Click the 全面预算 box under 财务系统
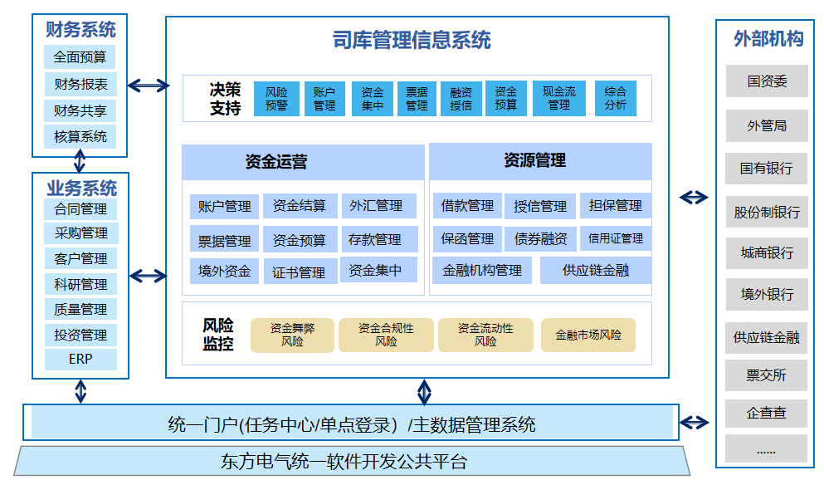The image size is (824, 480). (x=80, y=57)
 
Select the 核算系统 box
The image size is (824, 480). (x=80, y=137)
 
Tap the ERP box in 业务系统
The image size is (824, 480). (x=80, y=360)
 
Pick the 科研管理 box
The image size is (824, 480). (x=80, y=284)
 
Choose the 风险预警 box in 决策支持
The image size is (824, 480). (x=276, y=99)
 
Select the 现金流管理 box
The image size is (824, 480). (x=558, y=99)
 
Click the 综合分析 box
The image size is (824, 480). (x=616, y=99)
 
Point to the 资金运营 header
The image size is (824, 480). (x=276, y=162)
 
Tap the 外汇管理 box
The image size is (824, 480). (x=376, y=206)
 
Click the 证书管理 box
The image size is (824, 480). (x=299, y=272)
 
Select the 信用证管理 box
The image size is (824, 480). (x=615, y=238)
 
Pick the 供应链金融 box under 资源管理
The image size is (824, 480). (x=595, y=270)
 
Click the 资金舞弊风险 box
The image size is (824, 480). (x=292, y=335)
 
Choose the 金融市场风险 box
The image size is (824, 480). (x=588, y=336)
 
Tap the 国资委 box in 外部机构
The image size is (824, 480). (x=766, y=81)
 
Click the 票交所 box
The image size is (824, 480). (x=766, y=375)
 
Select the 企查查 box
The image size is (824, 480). (x=766, y=413)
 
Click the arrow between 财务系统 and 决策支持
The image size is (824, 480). (x=149, y=85)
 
